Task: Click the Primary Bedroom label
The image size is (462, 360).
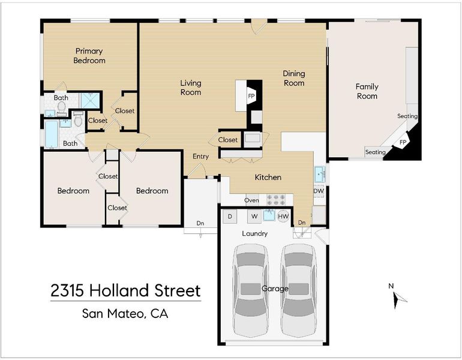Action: [89, 56]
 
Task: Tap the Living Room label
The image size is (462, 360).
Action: [191, 88]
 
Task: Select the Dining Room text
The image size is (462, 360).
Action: [294, 78]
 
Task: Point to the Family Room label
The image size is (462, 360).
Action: [367, 91]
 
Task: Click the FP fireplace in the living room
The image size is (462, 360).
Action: [251, 96]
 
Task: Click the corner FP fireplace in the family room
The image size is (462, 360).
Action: [403, 143]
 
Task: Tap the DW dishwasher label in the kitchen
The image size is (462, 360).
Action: [319, 191]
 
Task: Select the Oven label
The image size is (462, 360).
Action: [251, 200]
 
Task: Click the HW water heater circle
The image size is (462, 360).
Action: [283, 217]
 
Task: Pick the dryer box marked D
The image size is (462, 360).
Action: [230, 217]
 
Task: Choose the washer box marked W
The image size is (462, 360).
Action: [254, 217]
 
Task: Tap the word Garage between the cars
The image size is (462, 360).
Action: [275, 289]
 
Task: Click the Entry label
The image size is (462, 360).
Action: [200, 157]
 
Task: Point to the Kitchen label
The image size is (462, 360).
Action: [268, 177]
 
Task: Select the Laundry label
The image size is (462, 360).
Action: [255, 233]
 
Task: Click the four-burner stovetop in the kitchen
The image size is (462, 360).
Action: [276, 200]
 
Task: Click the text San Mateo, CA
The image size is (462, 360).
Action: [125, 313]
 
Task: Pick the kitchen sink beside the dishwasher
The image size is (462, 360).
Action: [319, 175]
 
